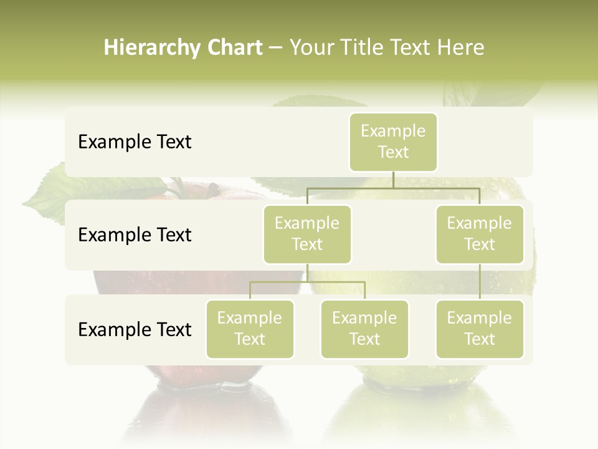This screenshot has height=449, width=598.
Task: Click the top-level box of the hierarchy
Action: (x=393, y=142)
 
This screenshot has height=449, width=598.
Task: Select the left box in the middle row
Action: (x=307, y=234)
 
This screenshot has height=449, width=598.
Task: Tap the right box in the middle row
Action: (x=480, y=234)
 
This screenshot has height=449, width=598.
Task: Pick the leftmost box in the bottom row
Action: (x=250, y=329)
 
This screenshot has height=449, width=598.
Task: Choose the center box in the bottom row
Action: (x=364, y=329)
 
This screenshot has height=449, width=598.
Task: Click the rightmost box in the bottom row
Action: (x=480, y=329)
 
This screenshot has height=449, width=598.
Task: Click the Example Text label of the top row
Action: (x=135, y=142)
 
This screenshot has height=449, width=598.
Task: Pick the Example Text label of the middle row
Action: (x=135, y=235)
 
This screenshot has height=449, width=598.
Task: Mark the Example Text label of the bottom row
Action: (x=135, y=330)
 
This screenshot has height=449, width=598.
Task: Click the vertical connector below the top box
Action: (x=393, y=180)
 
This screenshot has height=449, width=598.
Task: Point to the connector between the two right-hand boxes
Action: (x=480, y=282)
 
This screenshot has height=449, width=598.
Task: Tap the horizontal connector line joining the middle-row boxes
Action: (x=393, y=188)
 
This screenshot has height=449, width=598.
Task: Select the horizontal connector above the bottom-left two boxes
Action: (x=307, y=282)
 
